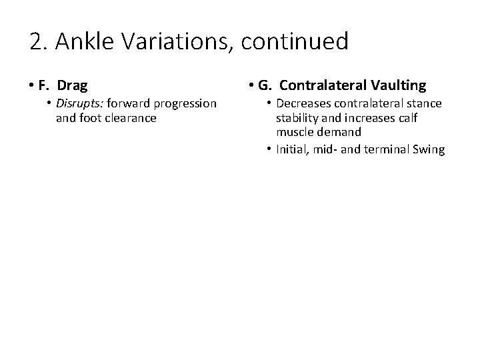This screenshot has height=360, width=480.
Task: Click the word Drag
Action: pyautogui.click(x=73, y=86)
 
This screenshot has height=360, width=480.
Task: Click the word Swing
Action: pyautogui.click(x=428, y=149)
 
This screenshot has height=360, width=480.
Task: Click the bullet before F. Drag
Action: pyautogui.click(x=33, y=86)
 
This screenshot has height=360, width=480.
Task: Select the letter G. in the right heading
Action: pyautogui.click(x=265, y=86)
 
